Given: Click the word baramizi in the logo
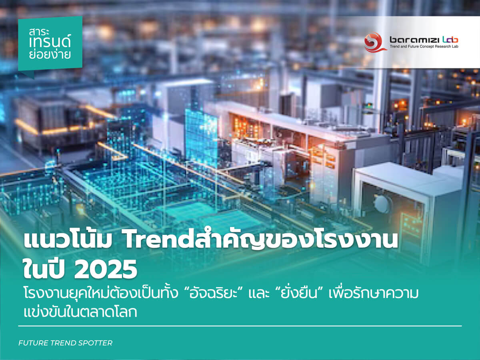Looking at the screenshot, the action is coord(414,40).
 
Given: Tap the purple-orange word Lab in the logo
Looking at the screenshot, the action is coord(450,40).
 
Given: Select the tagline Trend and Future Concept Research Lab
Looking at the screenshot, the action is coord(424,46).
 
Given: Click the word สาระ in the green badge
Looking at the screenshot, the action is coord(39,32).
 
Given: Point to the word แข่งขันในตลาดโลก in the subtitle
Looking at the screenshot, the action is coord(80,312).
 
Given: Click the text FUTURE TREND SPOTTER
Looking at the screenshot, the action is coord(65,343).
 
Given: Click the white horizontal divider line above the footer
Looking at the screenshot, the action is coord(240,326).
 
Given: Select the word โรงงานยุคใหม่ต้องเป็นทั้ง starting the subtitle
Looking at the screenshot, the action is coord(100,293).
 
